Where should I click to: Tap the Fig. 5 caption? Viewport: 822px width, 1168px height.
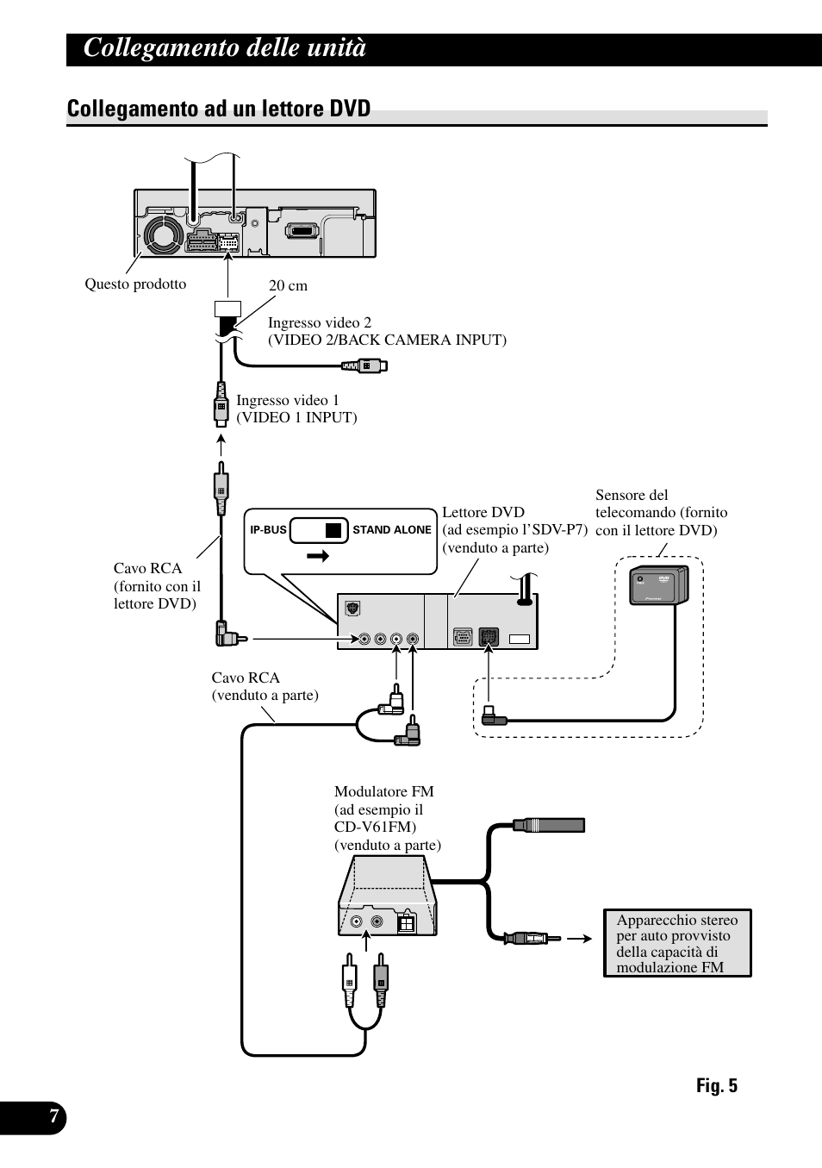717,1085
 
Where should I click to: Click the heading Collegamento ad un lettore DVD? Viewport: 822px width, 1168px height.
218,109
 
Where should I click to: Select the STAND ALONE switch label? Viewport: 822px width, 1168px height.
392,530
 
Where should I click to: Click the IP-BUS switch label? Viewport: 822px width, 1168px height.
269,530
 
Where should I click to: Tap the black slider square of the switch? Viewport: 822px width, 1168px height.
333,530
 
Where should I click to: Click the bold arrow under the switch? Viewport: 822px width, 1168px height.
318,556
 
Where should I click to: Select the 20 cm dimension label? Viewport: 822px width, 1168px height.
288,285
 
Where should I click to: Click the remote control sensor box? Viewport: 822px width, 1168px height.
659,585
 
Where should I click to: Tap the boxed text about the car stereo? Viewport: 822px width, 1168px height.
677,943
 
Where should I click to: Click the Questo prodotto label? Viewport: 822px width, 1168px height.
135,284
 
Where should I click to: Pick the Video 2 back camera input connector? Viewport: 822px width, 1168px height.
364,365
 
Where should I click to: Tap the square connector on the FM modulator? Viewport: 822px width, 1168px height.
406,923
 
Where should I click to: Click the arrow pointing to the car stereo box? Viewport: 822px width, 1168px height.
580,939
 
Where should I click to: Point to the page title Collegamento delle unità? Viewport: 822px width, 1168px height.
225,48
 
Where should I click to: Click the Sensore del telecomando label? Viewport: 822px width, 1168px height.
662,513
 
